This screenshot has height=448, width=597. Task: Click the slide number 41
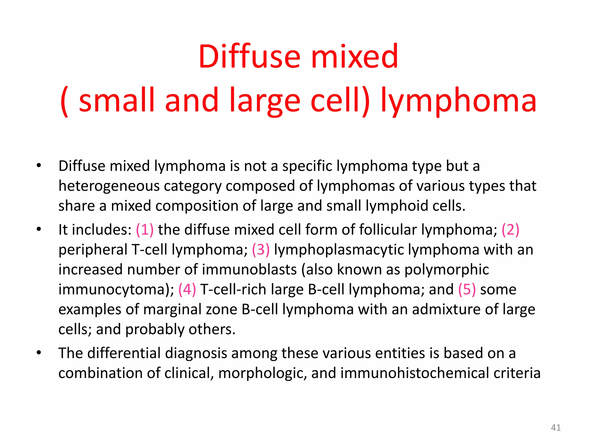pyautogui.click(x=556, y=428)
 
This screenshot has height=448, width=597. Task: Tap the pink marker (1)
pyautogui.click(x=145, y=230)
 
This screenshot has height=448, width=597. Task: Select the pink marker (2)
pyautogui.click(x=510, y=230)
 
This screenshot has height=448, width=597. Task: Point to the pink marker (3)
pyautogui.click(x=261, y=250)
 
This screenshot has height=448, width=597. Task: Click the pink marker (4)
pyautogui.click(x=187, y=289)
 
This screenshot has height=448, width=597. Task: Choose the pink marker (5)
pyautogui.click(x=467, y=289)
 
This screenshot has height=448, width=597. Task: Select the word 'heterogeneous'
pyautogui.click(x=109, y=186)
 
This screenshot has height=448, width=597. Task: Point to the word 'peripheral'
pyautogui.click(x=93, y=250)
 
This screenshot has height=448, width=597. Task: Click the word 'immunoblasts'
pyautogui.click(x=249, y=269)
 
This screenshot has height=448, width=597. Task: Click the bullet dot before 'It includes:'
pyautogui.click(x=39, y=229)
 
